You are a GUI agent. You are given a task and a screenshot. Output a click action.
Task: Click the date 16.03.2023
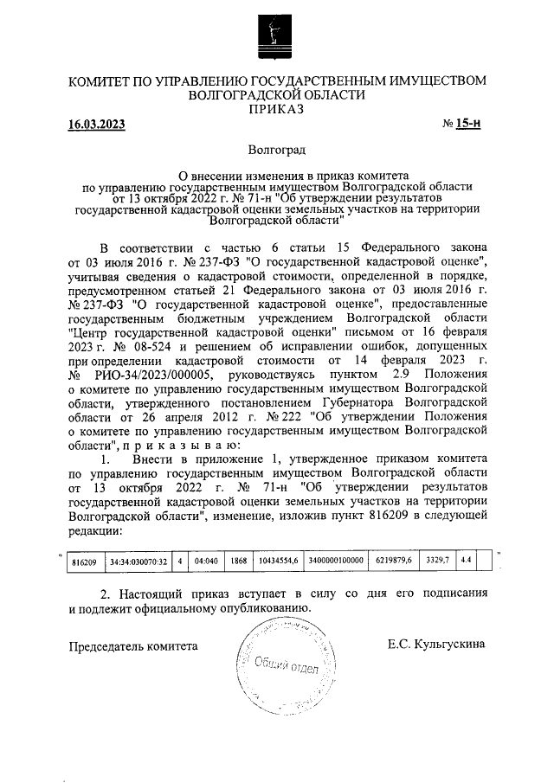[x=97, y=125]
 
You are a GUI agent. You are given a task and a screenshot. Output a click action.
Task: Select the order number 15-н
[x=467, y=124]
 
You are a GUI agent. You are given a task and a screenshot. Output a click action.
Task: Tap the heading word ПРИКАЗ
[x=276, y=109]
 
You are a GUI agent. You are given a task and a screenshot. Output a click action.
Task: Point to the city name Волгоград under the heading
[x=276, y=151]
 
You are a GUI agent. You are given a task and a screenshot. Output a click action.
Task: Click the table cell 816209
[x=83, y=561]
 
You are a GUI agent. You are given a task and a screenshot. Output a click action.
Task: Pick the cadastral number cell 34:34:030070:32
[x=138, y=561]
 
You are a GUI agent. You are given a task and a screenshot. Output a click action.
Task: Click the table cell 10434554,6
[x=278, y=561]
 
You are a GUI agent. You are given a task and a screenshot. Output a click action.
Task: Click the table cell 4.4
[x=466, y=561]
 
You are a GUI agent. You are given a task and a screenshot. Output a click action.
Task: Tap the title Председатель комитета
[x=134, y=645]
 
